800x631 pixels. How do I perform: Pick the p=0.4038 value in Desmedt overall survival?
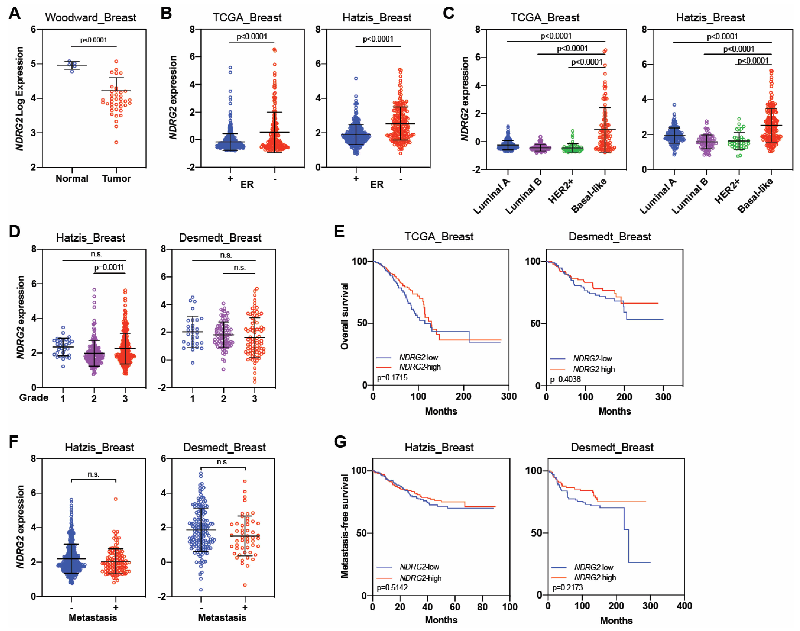click(565, 379)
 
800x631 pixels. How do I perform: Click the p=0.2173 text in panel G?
click(567, 587)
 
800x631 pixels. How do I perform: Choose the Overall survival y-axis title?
click(344, 316)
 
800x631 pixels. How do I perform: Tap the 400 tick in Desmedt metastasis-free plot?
click(684, 606)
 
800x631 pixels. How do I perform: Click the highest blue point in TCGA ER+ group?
click(230, 68)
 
